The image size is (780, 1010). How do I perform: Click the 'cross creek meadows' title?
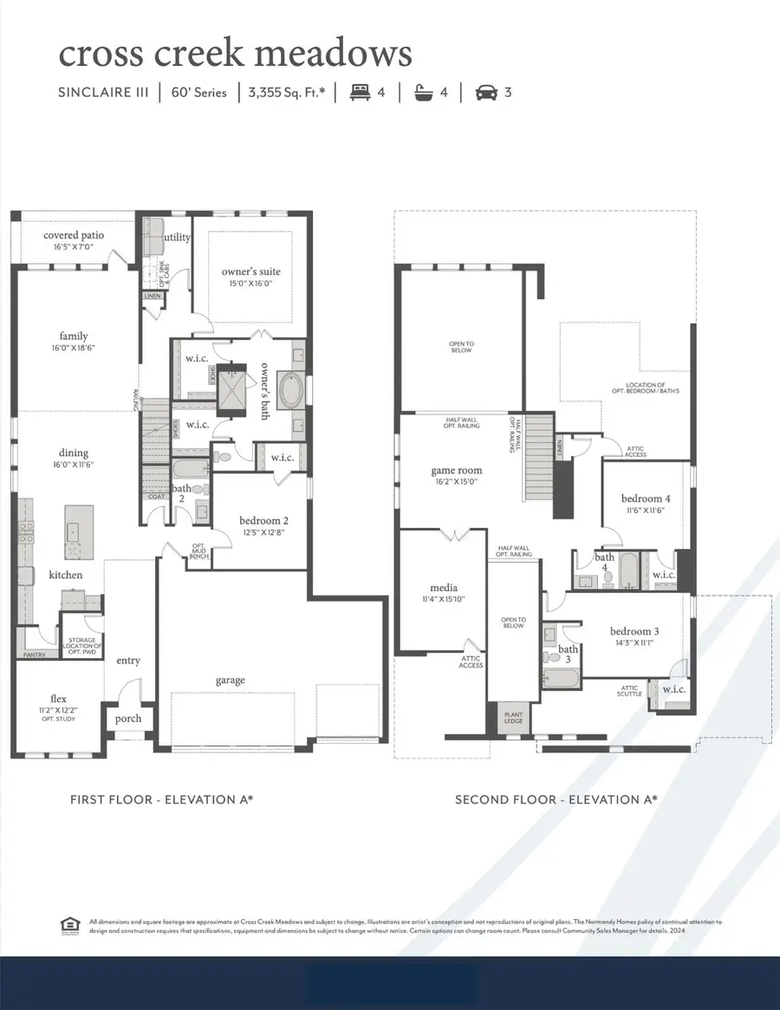pos(235,53)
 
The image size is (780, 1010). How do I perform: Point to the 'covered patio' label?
pos(75,235)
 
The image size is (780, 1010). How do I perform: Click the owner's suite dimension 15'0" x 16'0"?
pos(251,283)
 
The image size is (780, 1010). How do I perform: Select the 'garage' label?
pos(231,681)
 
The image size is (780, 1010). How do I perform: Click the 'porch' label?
pos(127,718)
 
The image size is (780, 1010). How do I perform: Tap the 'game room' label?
pos(457,471)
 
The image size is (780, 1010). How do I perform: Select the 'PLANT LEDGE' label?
pos(514,718)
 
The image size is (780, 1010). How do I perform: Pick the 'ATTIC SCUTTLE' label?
pos(629,691)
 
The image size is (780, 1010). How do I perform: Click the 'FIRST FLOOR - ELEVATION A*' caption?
pos(161,799)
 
